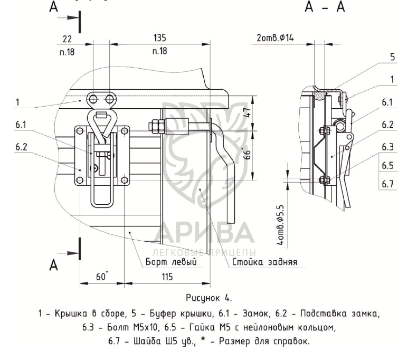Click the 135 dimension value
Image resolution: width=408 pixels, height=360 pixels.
click(x=159, y=38)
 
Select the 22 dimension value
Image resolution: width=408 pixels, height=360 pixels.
click(x=67, y=39)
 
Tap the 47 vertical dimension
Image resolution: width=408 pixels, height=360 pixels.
click(x=248, y=112)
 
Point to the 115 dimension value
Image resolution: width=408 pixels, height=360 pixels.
click(x=167, y=277)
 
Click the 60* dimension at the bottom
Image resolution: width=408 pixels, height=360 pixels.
click(x=102, y=276)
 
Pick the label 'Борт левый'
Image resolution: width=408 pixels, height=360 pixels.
click(x=171, y=262)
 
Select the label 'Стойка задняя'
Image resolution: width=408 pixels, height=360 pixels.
click(x=264, y=262)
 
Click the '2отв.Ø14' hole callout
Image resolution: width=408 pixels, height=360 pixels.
click(x=275, y=38)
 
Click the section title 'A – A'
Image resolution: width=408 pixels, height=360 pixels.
click(x=325, y=7)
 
